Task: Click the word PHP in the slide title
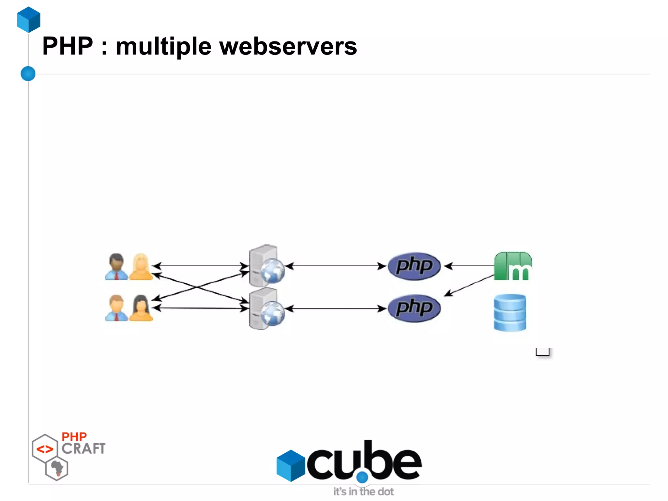click(68, 46)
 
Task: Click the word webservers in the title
click(288, 46)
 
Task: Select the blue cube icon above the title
click(29, 20)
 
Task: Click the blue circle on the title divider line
click(28, 73)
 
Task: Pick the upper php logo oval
click(414, 266)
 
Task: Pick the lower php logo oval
click(414, 308)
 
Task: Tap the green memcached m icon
click(512, 266)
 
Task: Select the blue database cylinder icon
click(510, 312)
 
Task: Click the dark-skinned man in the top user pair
click(116, 267)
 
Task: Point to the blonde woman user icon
click(141, 267)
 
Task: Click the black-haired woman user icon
click(141, 308)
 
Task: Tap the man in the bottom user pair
click(116, 308)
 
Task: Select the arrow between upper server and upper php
click(336, 266)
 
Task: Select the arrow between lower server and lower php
click(336, 308)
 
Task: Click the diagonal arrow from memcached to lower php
click(470, 286)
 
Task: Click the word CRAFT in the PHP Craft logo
click(83, 449)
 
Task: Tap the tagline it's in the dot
click(363, 492)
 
